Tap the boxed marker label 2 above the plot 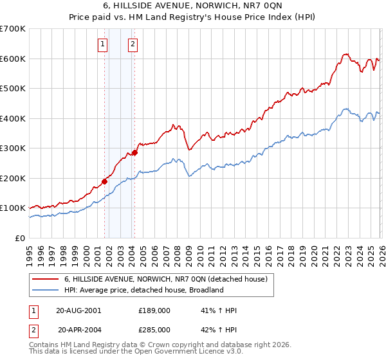click(x=133, y=44)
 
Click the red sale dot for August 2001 click(x=104, y=181)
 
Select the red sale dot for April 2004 click(x=134, y=152)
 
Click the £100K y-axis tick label click(x=13, y=208)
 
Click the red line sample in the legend click(x=45, y=279)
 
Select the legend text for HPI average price click(x=143, y=290)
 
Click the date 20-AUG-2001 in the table click(x=78, y=310)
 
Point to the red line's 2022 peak click(x=345, y=55)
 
